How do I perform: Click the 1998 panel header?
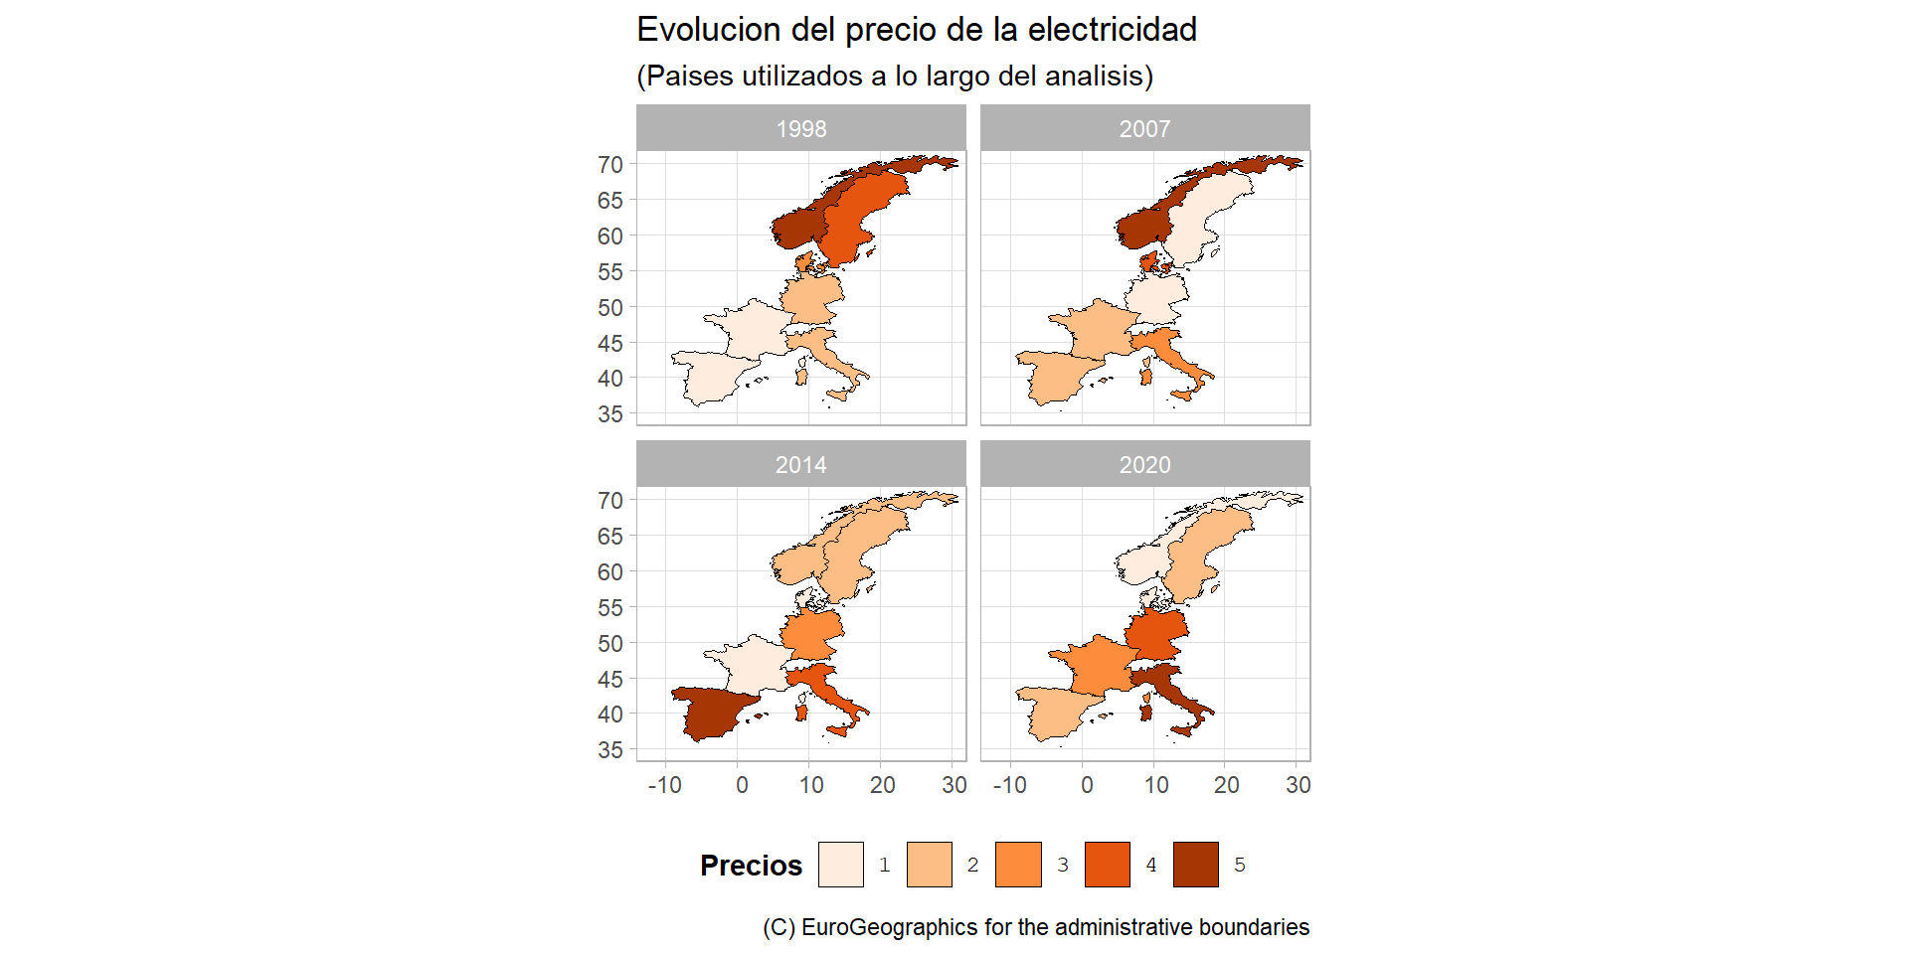coord(800,128)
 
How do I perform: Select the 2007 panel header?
coord(1144,128)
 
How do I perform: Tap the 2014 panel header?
coord(800,464)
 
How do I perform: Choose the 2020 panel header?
coord(1144,464)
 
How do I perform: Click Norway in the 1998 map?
coord(795,227)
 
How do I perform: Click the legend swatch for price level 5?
coord(1195,865)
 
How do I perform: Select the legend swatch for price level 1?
coord(840,865)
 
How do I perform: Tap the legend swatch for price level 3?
coord(1018,865)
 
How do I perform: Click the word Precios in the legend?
coord(751,866)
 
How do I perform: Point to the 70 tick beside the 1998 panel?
coord(610,165)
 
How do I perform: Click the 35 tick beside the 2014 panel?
coord(610,750)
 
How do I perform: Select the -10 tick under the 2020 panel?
coord(1009,785)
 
